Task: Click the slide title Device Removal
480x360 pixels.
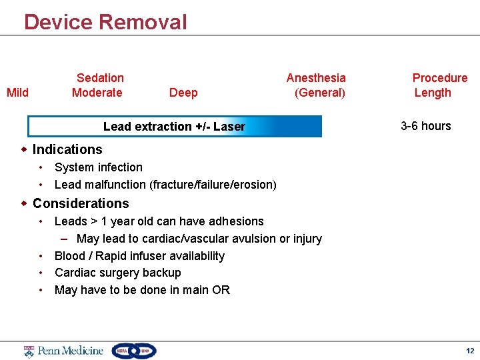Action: click(x=105, y=22)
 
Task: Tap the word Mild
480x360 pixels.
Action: click(x=17, y=93)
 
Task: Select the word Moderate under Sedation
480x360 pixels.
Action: click(x=97, y=93)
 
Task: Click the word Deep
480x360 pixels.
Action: click(x=183, y=93)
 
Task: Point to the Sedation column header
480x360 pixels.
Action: click(x=100, y=78)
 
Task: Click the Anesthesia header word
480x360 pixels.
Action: click(x=316, y=78)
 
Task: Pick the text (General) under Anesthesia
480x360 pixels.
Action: click(x=320, y=93)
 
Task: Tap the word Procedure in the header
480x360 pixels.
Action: click(x=440, y=78)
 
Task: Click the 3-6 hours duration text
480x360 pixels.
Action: click(x=425, y=126)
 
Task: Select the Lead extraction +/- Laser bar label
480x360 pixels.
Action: click(x=174, y=127)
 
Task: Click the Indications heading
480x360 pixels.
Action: click(x=67, y=149)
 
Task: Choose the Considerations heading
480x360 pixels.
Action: click(x=81, y=203)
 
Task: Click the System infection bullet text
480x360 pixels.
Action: click(x=99, y=167)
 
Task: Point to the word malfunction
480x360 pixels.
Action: click(x=116, y=185)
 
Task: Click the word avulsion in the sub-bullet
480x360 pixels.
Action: click(x=250, y=239)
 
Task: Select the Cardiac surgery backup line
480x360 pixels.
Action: click(x=118, y=273)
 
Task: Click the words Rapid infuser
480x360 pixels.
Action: click(x=129, y=256)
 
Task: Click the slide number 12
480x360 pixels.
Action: click(x=470, y=351)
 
